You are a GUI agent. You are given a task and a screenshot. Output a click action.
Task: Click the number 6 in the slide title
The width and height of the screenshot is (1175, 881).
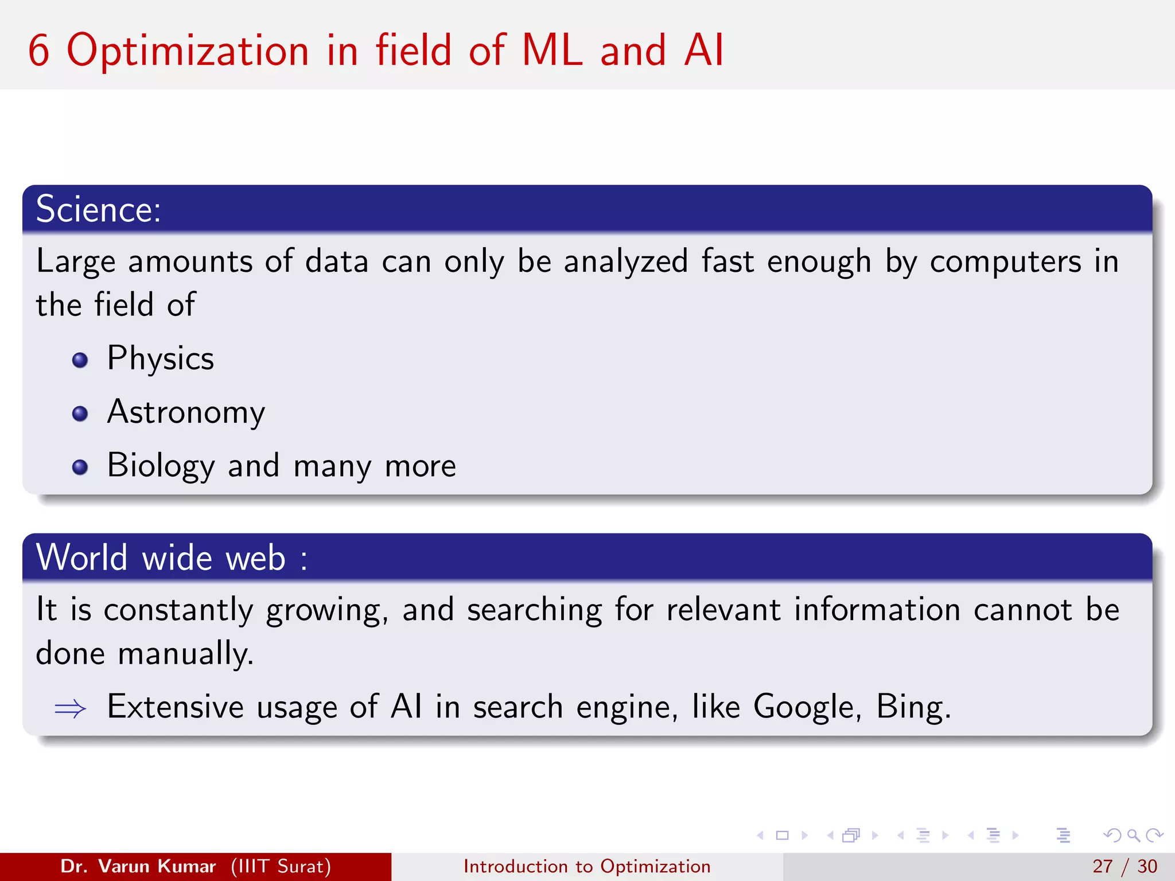38,50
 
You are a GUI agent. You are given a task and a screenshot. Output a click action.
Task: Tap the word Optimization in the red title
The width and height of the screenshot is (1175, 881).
188,52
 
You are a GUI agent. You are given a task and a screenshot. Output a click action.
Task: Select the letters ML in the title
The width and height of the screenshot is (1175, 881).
552,50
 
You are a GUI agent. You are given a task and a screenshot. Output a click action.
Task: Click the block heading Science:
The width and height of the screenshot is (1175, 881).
98,209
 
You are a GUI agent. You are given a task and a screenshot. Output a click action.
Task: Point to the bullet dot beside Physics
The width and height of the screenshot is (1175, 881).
80,360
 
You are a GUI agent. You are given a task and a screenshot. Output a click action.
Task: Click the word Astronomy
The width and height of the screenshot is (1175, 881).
186,412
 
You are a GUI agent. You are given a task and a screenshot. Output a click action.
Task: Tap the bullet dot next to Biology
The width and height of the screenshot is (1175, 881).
80,467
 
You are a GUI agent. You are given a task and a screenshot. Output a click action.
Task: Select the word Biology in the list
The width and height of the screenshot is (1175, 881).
161,466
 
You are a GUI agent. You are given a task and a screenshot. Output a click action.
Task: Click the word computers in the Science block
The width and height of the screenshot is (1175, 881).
1005,263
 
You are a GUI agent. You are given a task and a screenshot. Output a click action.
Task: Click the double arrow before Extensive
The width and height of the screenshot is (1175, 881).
70,709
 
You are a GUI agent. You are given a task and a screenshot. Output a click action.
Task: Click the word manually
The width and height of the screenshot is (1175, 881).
185,654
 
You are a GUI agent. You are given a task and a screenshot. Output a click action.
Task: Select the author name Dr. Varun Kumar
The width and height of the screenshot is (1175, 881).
138,866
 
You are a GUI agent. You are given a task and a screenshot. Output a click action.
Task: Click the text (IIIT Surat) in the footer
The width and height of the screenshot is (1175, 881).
281,866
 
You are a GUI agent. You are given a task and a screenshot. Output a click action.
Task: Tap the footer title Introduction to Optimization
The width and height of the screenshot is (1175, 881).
587,866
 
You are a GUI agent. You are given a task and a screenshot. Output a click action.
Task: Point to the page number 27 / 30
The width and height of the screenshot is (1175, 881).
1124,866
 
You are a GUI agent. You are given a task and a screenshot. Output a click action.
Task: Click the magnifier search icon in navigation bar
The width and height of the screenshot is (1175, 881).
1133,836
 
